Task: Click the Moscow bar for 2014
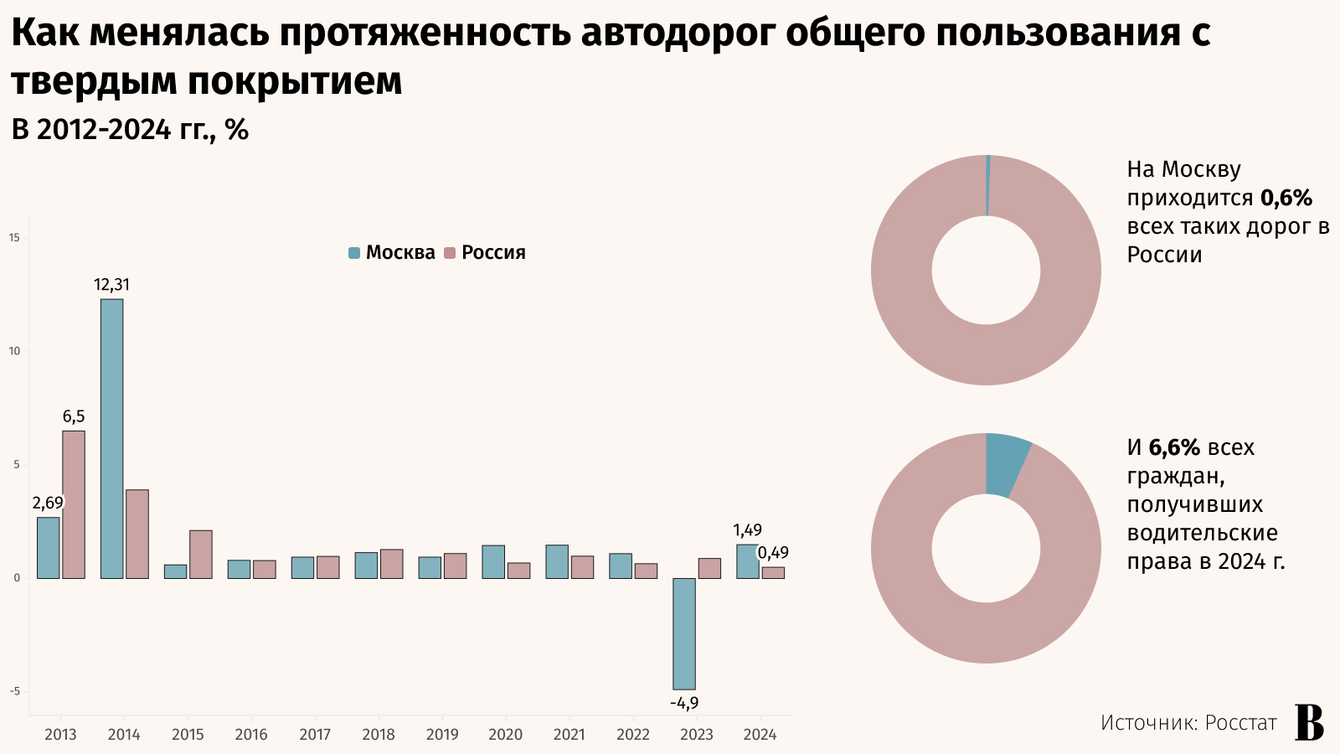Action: (x=111, y=438)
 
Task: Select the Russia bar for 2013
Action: (x=74, y=504)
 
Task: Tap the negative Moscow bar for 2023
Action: (x=684, y=633)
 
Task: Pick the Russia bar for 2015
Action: (x=201, y=554)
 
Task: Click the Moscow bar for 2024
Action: (x=747, y=561)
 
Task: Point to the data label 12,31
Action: (x=111, y=285)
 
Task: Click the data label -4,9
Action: (x=684, y=704)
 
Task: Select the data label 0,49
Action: (x=773, y=553)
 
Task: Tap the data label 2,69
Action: (x=48, y=504)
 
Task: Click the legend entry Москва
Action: (x=392, y=253)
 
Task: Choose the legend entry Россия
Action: (x=485, y=253)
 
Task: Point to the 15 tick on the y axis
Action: (x=14, y=238)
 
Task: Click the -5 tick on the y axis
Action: (x=14, y=692)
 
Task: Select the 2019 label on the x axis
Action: (x=442, y=735)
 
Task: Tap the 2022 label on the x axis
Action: (x=633, y=735)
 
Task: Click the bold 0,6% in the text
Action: (x=1286, y=199)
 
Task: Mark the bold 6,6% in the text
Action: (x=1174, y=448)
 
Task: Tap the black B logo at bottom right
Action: (x=1310, y=722)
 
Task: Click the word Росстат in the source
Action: (x=1240, y=723)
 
